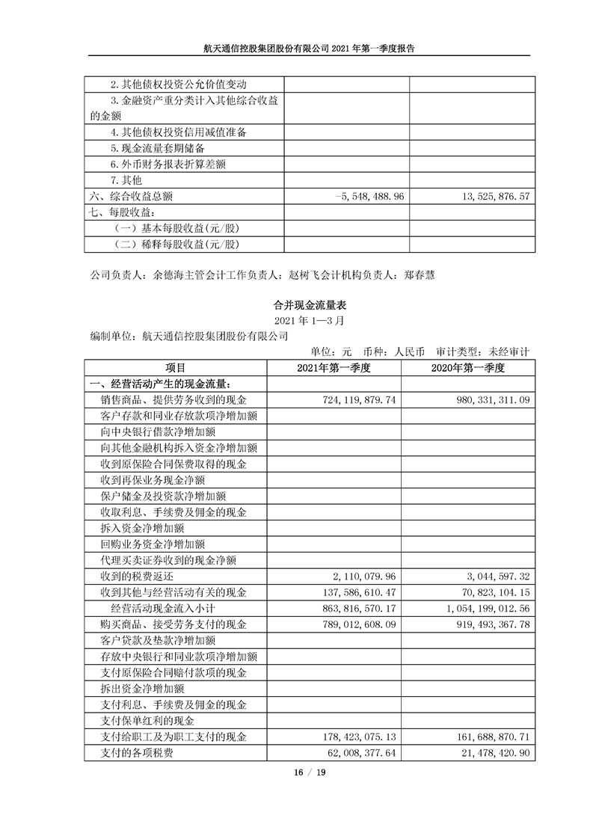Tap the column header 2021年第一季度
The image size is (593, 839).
(334, 368)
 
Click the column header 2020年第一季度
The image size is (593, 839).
(469, 368)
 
